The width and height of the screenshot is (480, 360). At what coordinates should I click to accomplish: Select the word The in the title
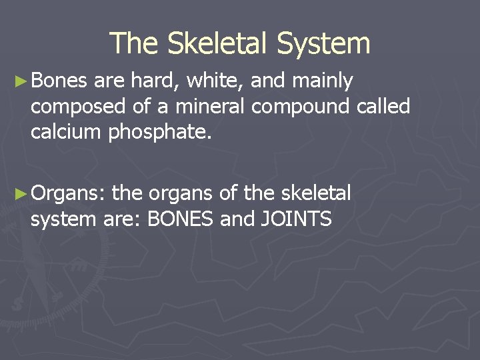pyautogui.click(x=133, y=43)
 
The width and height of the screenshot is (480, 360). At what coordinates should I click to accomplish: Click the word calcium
pyautogui.click(x=65, y=132)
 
